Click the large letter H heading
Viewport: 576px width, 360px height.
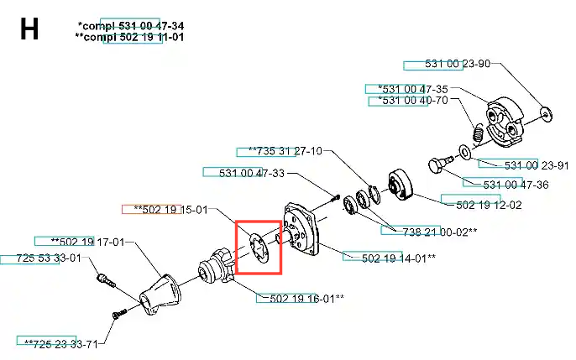pyautogui.click(x=29, y=29)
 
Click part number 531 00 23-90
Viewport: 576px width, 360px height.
pyautogui.click(x=458, y=64)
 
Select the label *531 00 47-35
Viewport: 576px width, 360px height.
pyautogui.click(x=413, y=89)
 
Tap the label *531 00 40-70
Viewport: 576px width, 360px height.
pyautogui.click(x=413, y=100)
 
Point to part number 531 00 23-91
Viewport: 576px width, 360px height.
pyautogui.click(x=537, y=165)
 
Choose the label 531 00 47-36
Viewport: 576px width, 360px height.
pyautogui.click(x=516, y=185)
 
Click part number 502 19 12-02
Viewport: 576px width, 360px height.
pyautogui.click(x=489, y=205)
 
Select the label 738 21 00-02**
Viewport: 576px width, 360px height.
pyautogui.click(x=440, y=232)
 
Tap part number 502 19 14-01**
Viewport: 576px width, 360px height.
pyautogui.click(x=399, y=258)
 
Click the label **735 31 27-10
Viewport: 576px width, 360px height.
pyautogui.click(x=285, y=151)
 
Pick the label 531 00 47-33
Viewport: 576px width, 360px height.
pyautogui.click(x=252, y=173)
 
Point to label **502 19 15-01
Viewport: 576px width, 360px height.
pyautogui.click(x=170, y=210)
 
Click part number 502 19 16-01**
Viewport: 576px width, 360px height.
pyautogui.click(x=306, y=299)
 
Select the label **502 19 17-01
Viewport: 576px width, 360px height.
pyautogui.click(x=88, y=242)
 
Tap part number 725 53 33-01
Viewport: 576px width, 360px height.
pyautogui.click(x=49, y=258)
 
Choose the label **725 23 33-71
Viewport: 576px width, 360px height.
pyautogui.click(x=61, y=344)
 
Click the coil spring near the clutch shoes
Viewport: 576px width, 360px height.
pyautogui.click(x=477, y=133)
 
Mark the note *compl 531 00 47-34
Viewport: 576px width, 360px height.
pyautogui.click(x=131, y=26)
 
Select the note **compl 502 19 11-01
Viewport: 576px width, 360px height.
pyautogui.click(x=129, y=37)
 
